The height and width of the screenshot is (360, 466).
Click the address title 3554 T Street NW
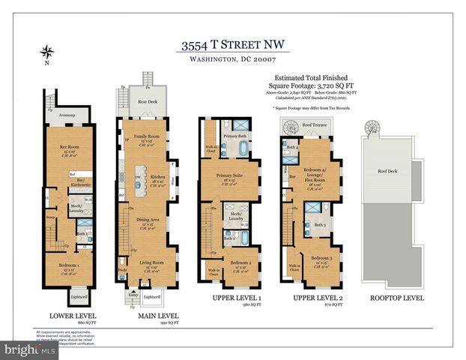coord(232,46)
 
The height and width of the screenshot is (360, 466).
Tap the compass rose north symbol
coord(48,52)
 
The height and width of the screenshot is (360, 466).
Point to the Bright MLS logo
coord(30,349)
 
